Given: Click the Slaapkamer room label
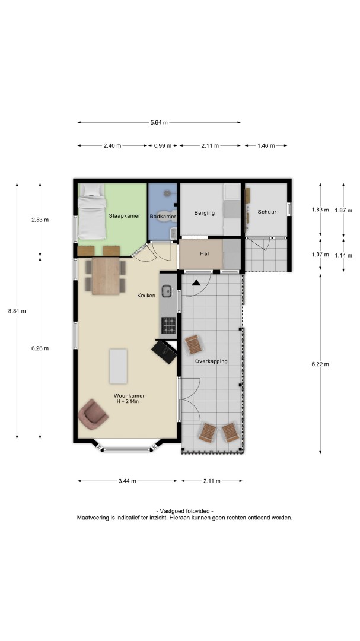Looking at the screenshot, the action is click(124, 215).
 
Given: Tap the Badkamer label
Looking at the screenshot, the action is click(163, 216).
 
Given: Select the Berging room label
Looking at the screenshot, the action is click(204, 212).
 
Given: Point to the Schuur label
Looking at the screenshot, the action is click(267, 212).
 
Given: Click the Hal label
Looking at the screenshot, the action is click(205, 253).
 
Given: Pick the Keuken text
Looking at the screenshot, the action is click(146, 295).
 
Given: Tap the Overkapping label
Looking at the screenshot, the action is click(211, 361).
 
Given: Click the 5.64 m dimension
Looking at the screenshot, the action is click(159, 122).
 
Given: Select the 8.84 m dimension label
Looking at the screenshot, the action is click(17, 311).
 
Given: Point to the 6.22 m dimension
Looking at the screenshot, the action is click(320, 364).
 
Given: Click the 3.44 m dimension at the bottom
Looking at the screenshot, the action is click(128, 481).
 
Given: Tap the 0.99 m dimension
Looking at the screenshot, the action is click(163, 145).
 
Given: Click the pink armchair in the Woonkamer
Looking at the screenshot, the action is click(93, 414).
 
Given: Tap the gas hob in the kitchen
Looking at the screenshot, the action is click(168, 325).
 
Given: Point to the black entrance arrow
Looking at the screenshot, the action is click(196, 282).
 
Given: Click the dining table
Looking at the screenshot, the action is click(106, 276).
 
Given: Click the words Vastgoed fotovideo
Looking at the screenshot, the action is click(184, 511).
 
